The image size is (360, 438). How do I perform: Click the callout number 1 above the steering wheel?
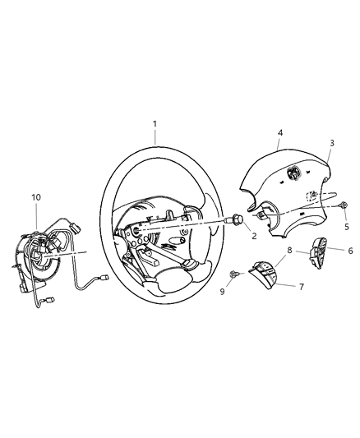154,124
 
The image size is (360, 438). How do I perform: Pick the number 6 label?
350,251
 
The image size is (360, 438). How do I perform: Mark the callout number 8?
289,249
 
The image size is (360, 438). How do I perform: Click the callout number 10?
36,197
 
